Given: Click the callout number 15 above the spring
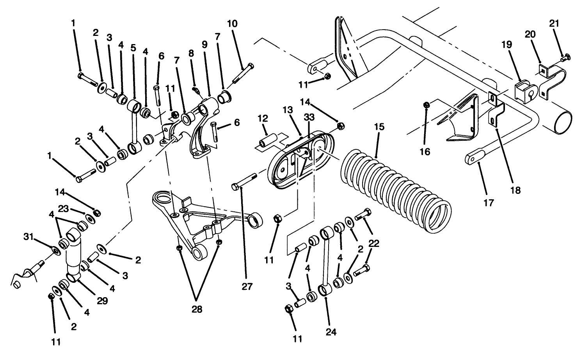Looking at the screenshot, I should [379, 127].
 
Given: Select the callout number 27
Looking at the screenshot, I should [247, 287].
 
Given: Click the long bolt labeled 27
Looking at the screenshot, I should [244, 182].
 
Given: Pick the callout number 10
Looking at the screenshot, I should [232, 23].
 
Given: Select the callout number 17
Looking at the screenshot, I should [489, 203].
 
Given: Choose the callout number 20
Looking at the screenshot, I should [530, 35].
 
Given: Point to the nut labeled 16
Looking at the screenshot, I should [427, 105].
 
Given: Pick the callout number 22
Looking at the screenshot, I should [373, 243].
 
